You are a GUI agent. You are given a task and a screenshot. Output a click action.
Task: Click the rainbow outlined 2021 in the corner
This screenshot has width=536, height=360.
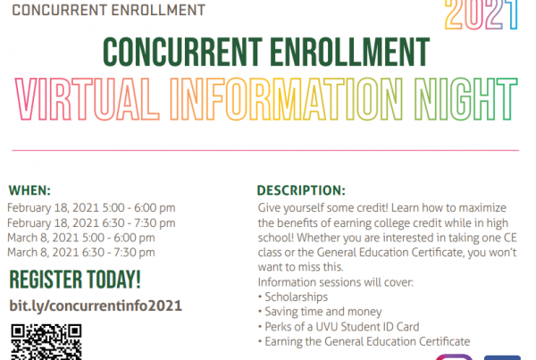click(481, 15)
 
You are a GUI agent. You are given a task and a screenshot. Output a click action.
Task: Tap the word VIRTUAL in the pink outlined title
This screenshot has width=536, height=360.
click(88, 99)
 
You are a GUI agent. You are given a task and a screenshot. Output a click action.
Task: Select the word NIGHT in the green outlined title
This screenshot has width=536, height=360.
click(466, 99)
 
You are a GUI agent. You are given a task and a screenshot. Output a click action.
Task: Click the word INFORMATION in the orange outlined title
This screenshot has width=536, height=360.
click(287, 99)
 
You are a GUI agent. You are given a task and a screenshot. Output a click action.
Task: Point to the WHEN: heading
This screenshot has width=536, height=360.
click(29, 190)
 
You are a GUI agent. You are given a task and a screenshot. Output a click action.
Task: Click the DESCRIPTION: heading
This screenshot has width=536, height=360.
click(301, 190)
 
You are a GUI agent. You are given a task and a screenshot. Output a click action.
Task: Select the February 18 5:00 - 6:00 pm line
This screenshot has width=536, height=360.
click(91, 208)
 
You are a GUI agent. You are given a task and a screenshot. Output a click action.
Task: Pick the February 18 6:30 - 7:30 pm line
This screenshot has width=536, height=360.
click(91, 223)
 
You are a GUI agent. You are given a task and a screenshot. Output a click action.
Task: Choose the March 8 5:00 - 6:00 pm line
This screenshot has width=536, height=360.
click(81, 238)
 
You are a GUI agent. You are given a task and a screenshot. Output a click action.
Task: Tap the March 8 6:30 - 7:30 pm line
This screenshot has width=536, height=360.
click(81, 252)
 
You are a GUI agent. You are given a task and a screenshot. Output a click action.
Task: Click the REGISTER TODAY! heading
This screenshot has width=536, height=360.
click(75, 280)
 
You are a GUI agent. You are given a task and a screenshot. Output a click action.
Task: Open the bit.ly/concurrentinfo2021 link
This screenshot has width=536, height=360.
click(96, 306)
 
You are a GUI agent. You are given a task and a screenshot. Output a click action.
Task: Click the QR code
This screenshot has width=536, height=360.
click(46, 342)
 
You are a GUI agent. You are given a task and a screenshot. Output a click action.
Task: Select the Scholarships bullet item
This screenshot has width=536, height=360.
click(293, 297)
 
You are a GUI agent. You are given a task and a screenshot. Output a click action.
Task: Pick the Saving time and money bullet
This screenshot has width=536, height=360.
click(320, 312)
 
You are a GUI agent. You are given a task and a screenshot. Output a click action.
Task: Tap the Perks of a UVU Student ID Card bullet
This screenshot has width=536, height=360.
click(339, 327)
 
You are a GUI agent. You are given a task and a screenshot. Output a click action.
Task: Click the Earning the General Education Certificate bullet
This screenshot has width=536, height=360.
click(364, 341)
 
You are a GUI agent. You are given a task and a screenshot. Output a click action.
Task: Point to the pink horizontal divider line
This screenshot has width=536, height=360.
click(265, 150)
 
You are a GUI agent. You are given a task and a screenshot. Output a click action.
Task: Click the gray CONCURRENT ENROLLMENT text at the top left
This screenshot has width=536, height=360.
click(109, 10)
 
